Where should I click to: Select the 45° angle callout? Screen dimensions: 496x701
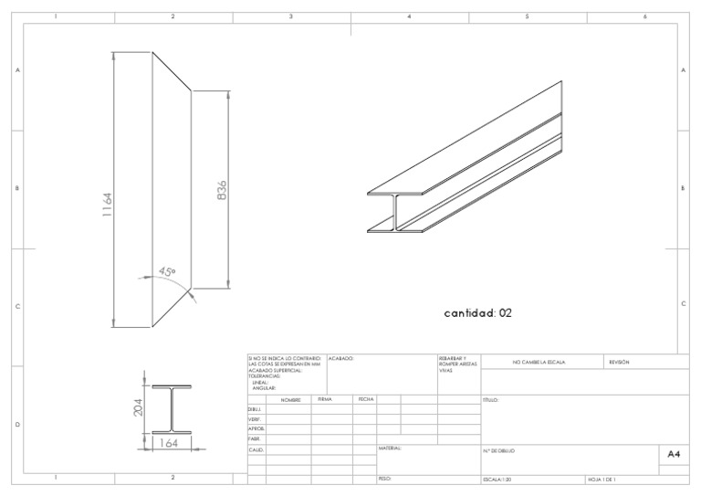click(167, 271)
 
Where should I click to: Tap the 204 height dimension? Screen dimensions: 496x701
click(139, 407)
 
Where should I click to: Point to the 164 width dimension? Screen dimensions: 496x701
click(169, 444)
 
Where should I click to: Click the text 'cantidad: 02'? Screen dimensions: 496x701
click(477, 312)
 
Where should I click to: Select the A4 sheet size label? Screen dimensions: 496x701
click(674, 454)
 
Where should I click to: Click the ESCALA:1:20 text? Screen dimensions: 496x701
click(497, 479)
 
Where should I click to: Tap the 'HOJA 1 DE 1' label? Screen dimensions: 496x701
click(602, 479)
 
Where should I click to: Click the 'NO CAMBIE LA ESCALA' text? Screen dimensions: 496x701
click(539, 363)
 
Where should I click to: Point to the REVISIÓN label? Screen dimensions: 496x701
click(619, 363)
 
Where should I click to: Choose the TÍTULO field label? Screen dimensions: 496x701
click(490, 400)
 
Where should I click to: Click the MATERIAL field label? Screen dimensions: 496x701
click(390, 449)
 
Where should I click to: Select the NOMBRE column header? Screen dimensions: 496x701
click(290, 400)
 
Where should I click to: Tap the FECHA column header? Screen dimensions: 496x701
click(365, 399)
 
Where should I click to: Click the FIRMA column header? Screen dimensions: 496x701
click(324, 399)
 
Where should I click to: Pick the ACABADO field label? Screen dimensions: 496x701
click(340, 359)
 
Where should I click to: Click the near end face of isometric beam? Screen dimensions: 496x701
click(394, 212)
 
